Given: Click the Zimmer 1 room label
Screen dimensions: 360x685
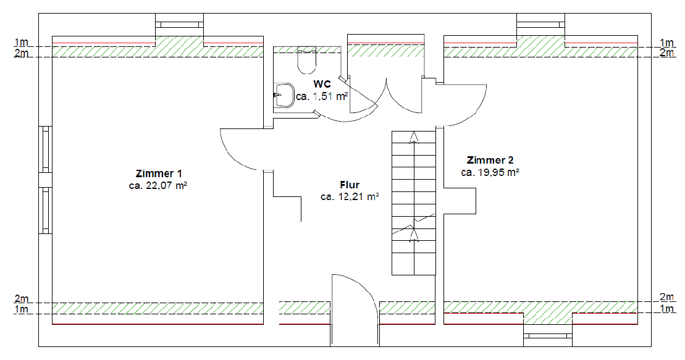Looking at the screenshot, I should point(159,174).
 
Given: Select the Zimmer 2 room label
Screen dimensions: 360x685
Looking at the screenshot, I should point(490,160).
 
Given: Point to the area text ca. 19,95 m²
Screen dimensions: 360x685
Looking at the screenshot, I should point(490,172).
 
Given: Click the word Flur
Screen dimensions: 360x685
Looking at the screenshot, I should point(350,185).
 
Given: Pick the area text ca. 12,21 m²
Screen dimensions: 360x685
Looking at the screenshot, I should point(350,197).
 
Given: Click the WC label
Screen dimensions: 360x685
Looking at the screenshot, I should point(322,84).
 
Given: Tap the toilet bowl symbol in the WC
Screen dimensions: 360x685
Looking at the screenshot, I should point(306,61).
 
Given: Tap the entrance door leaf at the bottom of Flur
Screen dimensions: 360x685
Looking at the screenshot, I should point(334,309).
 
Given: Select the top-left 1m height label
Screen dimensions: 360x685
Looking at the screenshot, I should point(22,43).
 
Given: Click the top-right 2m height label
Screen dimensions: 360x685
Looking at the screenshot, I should point(666,53).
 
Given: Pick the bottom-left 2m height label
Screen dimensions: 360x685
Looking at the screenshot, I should point(22,298).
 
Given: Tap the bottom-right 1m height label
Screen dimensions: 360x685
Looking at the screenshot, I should point(666,308).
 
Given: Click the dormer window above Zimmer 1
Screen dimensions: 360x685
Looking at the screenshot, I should point(179,25).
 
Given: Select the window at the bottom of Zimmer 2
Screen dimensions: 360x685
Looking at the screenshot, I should point(548,335).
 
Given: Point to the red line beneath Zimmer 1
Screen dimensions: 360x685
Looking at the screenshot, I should point(158,324).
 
